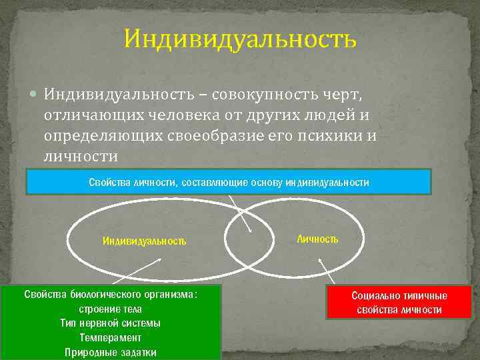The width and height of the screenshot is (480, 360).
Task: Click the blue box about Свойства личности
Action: [229, 181]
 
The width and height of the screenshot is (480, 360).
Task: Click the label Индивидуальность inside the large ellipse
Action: [144, 241]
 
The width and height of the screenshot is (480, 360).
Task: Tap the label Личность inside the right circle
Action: [317, 239]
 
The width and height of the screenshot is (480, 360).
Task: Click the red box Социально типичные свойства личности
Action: [399, 302]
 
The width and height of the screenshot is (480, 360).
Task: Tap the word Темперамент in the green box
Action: [110, 338]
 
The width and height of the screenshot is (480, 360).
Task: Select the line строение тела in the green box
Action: [110, 309]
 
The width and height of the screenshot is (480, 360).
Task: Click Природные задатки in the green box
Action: [110, 352]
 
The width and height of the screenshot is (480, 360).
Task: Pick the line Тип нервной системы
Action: [110, 323]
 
